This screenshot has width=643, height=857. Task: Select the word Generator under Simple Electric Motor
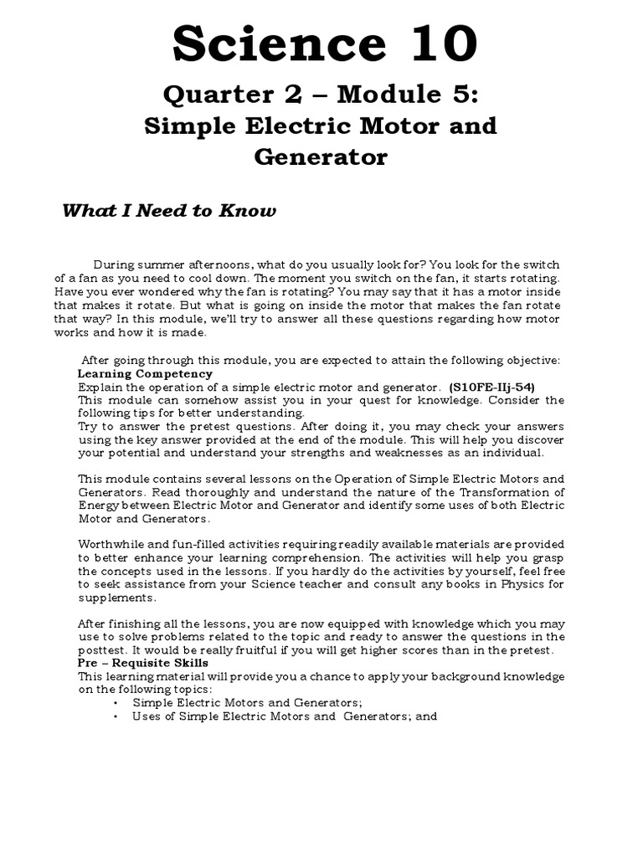click(321, 157)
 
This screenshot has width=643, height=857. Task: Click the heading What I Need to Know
click(168, 210)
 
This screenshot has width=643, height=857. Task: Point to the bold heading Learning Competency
click(145, 373)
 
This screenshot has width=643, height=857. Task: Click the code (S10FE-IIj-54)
click(491, 387)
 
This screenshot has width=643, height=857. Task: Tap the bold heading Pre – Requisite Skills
click(143, 663)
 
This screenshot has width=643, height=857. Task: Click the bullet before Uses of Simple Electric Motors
click(116, 716)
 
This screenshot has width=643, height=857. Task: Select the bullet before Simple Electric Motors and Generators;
click(116, 703)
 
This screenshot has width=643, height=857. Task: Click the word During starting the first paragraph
click(116, 265)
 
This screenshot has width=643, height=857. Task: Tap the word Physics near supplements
click(523, 584)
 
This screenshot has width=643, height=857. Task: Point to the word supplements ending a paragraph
click(116, 598)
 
